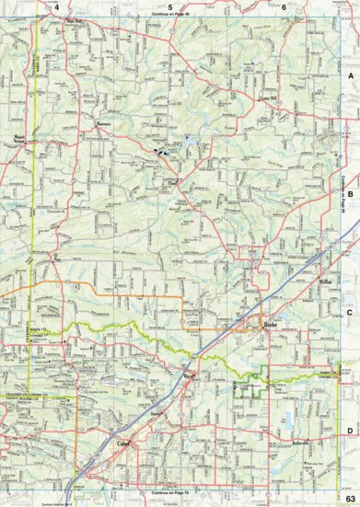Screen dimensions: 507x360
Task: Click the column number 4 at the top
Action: tap(57, 6)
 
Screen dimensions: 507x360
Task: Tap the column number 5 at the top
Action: tap(170, 6)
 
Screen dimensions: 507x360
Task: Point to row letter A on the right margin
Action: tap(350, 74)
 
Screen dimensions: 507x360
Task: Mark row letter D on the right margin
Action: tap(350, 431)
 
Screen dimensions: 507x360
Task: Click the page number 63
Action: tap(349, 498)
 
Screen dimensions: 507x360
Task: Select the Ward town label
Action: tap(190, 375)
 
